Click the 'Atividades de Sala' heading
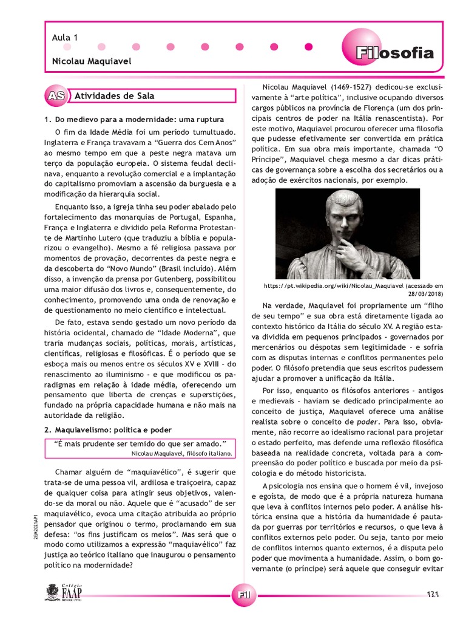point(114,96)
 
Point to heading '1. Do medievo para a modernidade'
point(134,119)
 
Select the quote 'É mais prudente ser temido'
point(140,443)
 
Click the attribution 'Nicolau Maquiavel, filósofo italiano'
point(181,453)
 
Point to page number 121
point(433,593)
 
